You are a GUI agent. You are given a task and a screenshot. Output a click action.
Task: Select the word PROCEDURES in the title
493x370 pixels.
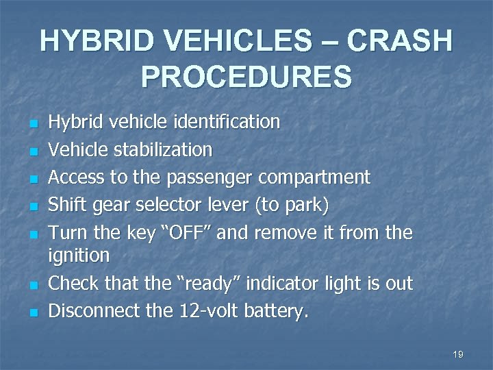click(x=246, y=77)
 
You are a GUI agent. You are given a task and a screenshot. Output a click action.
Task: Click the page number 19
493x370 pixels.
click(x=458, y=354)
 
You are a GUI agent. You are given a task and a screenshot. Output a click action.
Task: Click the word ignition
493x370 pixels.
click(x=79, y=256)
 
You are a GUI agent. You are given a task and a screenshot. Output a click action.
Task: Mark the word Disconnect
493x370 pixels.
click(x=94, y=312)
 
